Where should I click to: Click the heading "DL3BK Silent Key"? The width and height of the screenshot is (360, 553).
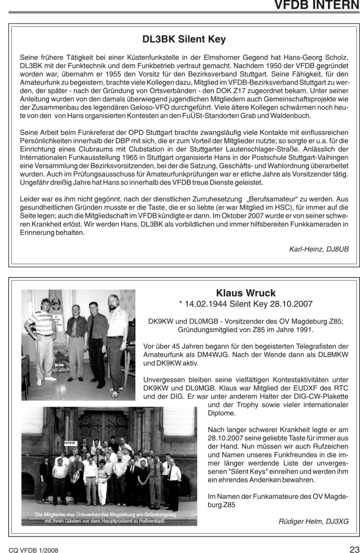click(x=184, y=39)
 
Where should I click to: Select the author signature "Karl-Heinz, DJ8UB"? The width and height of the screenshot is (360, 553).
click(x=319, y=249)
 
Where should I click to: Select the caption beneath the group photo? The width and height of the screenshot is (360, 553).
click(x=109, y=517)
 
